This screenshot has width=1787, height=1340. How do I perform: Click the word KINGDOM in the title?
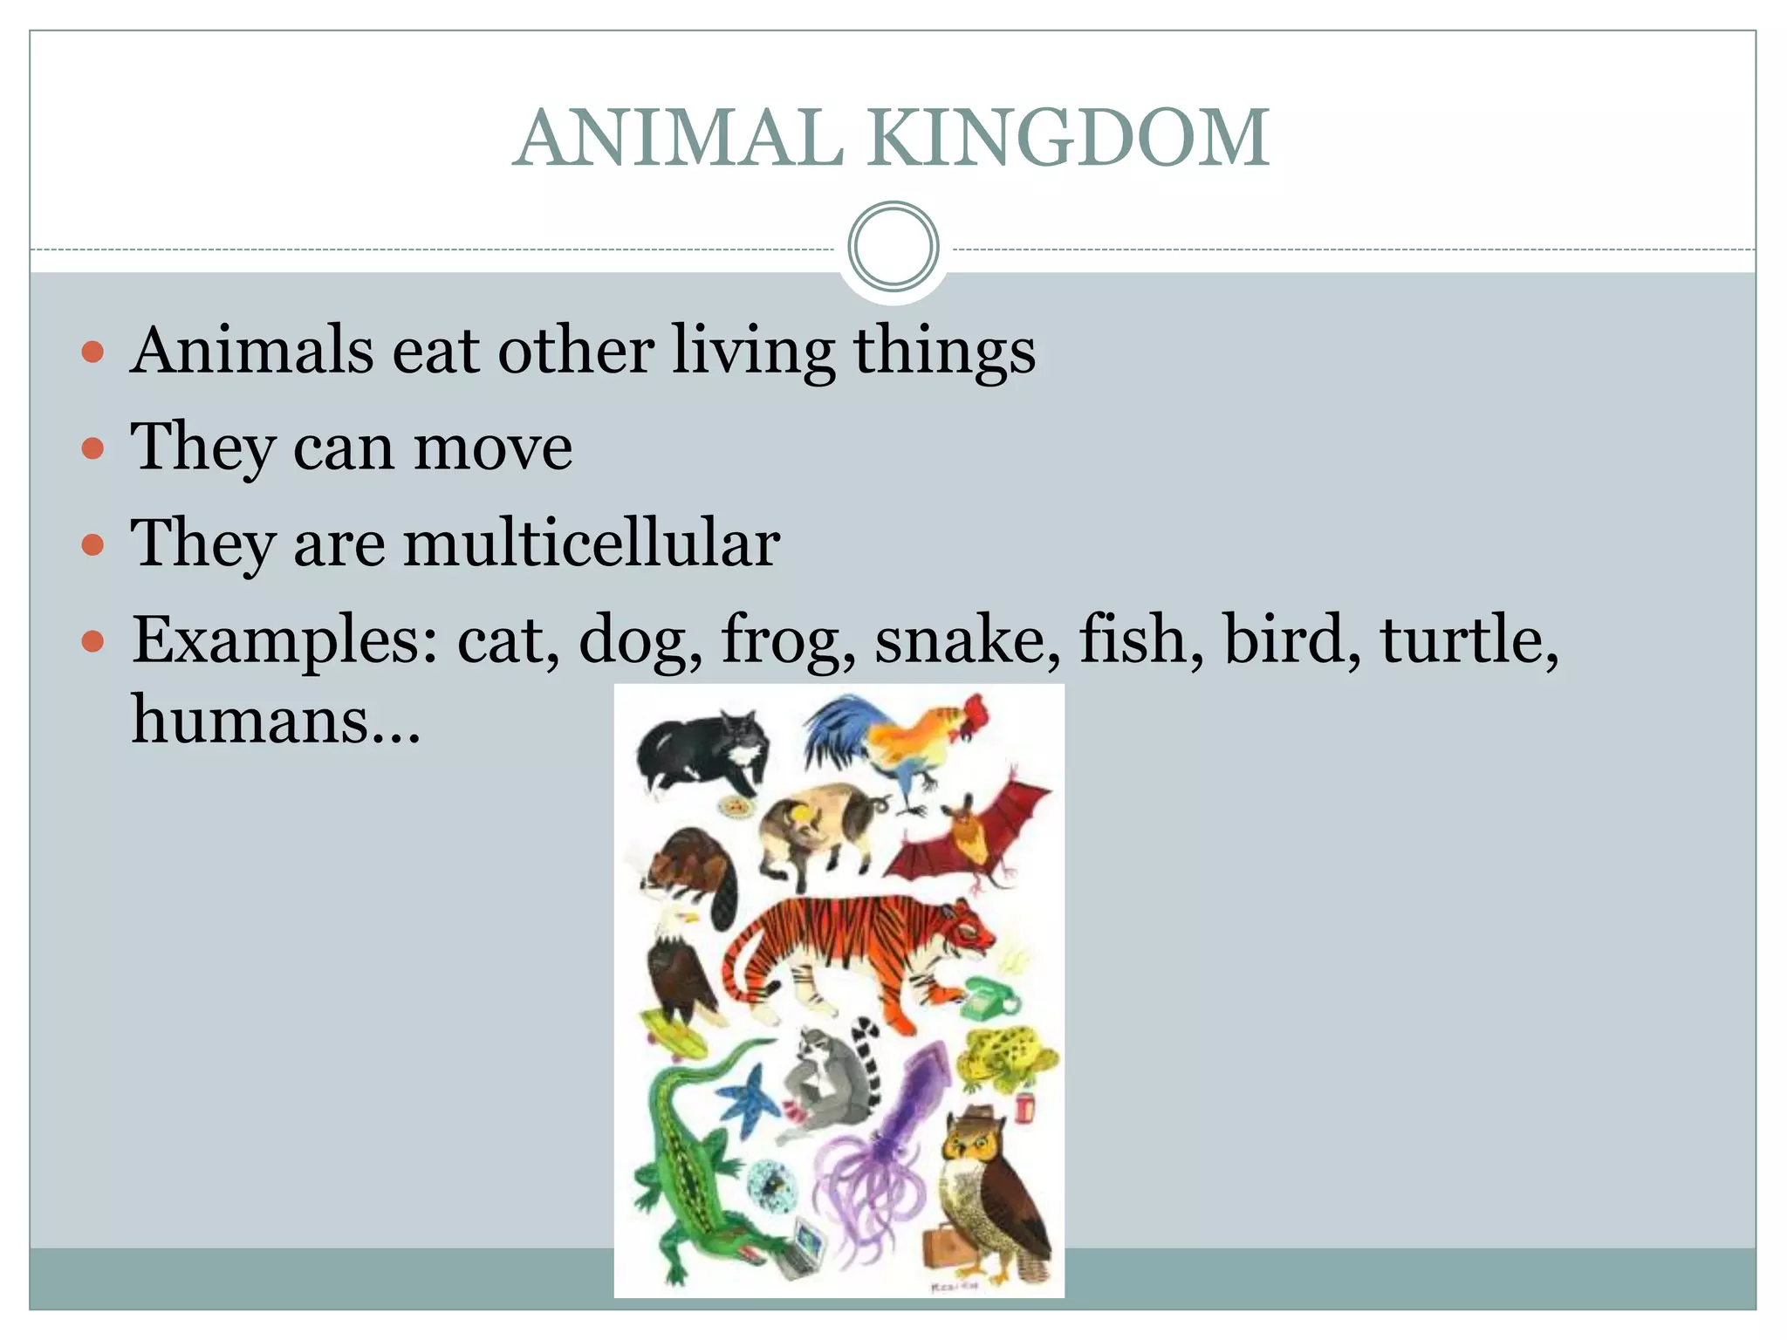1068,137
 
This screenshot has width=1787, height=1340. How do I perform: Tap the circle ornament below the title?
893,247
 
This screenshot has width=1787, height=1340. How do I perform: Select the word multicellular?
591,543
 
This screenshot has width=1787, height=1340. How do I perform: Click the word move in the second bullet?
493,447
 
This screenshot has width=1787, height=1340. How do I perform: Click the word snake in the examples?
967,639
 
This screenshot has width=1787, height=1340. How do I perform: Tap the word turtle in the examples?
1466,639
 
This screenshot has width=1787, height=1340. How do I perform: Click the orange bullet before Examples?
92,643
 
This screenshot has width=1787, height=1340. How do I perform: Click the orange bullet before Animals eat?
92,352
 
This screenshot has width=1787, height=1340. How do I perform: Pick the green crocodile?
689,1169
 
